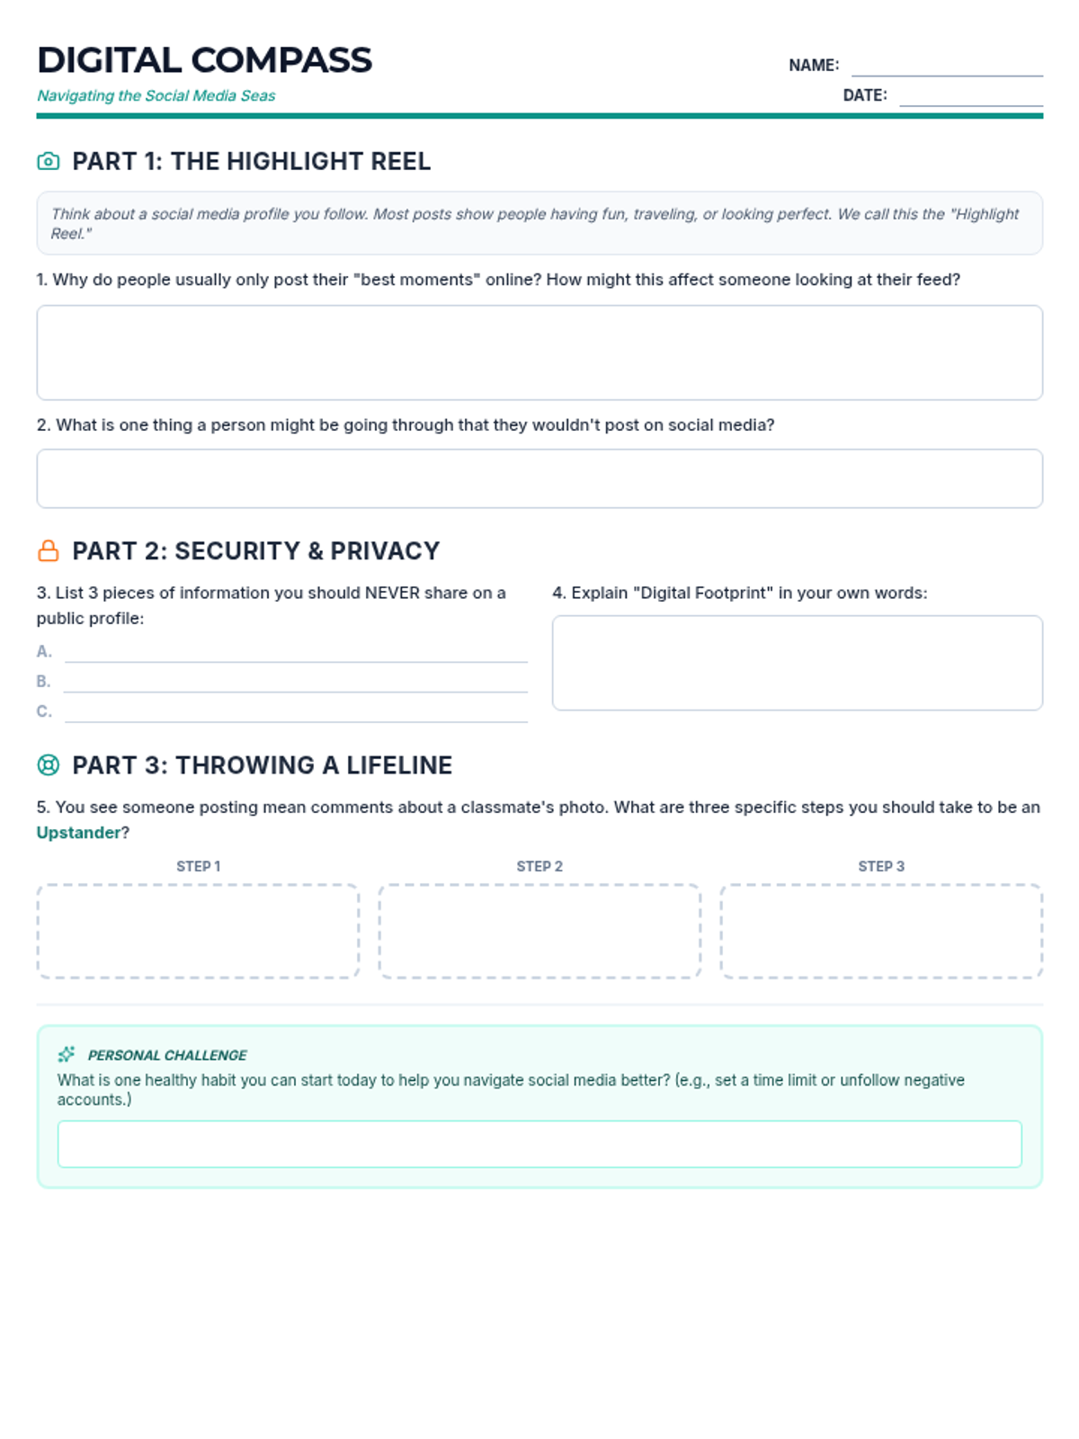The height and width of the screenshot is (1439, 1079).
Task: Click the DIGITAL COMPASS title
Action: [204, 60]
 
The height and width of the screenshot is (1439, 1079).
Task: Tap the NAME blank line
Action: [947, 67]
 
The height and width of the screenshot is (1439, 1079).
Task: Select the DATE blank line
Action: [970, 97]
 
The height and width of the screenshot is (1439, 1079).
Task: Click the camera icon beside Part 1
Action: [49, 161]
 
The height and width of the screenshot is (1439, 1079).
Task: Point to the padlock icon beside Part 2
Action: [49, 550]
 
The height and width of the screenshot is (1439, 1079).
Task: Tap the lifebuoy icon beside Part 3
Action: [49, 765]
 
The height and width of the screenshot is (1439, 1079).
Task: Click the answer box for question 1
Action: [539, 353]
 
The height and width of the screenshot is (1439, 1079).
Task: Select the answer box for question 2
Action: [539, 478]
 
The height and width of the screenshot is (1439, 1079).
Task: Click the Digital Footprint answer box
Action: [797, 663]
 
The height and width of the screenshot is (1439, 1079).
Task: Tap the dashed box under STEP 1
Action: [198, 931]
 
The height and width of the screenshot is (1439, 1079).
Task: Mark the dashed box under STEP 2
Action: [539, 931]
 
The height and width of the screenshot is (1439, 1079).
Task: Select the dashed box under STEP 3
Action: [881, 931]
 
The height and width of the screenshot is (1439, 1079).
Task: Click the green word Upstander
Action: [78, 833]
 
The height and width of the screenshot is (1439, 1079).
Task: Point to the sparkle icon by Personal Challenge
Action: [67, 1054]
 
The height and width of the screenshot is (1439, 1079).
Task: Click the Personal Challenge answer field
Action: [539, 1144]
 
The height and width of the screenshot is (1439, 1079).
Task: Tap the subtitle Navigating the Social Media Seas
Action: [156, 95]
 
